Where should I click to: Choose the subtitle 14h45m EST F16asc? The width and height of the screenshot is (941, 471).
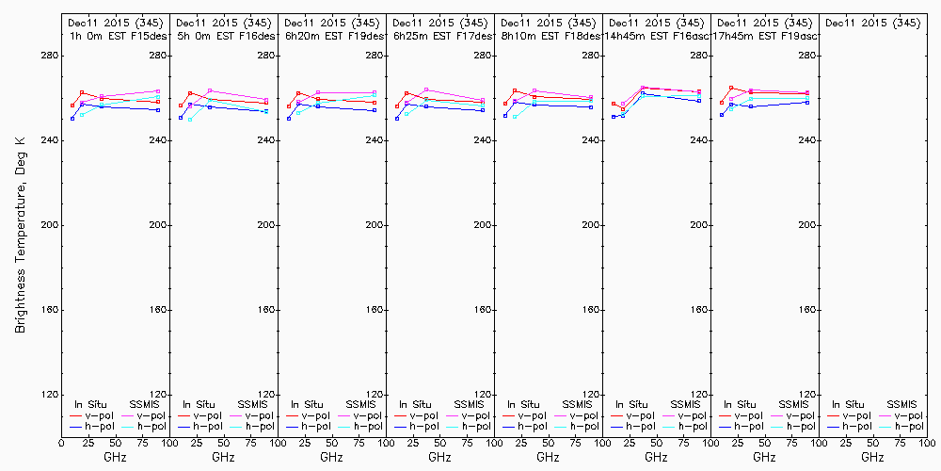(656, 36)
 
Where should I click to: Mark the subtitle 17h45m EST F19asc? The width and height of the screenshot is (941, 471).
(764, 36)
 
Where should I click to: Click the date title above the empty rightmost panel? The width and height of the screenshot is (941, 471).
(872, 23)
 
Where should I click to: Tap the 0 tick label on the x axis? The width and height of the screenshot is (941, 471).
(61, 441)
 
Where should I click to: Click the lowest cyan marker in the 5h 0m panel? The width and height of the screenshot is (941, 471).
(190, 120)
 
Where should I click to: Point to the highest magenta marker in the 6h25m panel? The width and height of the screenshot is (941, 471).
(426, 89)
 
